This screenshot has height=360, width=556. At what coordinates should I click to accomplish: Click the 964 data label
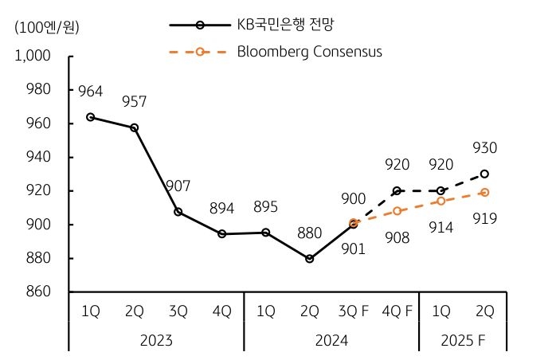click(91, 92)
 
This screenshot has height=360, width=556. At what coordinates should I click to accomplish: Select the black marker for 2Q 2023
click(135, 127)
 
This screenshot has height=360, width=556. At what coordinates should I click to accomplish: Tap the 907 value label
click(178, 186)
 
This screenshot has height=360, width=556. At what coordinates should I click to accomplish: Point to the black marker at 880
click(309, 259)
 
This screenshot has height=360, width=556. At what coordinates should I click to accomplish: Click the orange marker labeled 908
click(397, 211)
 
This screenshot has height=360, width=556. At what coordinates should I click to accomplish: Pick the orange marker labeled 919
click(484, 192)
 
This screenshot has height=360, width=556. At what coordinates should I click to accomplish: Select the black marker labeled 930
click(484, 174)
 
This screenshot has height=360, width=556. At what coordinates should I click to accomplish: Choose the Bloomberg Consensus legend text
click(310, 52)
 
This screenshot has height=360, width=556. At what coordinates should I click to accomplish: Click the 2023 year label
click(156, 339)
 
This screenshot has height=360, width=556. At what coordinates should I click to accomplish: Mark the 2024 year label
click(331, 339)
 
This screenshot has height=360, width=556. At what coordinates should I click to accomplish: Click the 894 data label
click(222, 208)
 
